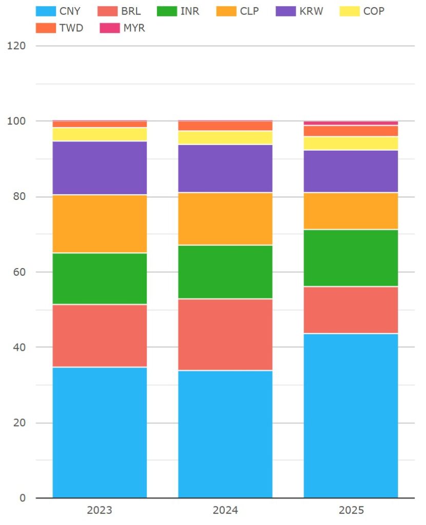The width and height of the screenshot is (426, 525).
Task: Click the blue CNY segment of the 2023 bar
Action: [100, 432]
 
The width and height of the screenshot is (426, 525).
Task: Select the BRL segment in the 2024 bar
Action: [225, 334]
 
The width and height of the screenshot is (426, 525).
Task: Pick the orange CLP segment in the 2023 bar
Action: [100, 224]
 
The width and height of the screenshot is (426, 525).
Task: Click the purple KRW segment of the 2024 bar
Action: [225, 169]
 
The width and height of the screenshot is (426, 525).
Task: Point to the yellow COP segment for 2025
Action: [351, 143]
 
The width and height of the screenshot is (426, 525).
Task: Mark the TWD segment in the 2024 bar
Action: [225, 126]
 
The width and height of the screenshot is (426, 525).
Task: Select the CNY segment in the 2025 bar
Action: [351, 415]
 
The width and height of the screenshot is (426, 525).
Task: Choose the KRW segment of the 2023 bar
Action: [100, 168]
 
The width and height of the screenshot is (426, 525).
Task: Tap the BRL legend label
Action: [131, 11]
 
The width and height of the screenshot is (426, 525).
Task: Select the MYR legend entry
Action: [134, 28]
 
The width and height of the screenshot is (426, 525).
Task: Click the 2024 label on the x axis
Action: [225, 510]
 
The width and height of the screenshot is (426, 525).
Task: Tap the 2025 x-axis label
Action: [351, 510]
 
